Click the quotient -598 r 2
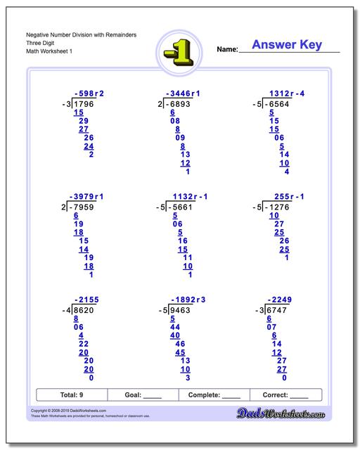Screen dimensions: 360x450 pyautogui.click(x=89, y=94)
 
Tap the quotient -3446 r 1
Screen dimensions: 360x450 pyautogui.click(x=183, y=94)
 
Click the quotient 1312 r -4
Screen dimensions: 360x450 pyautogui.click(x=287, y=94)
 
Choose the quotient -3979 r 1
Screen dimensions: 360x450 pyautogui.click(x=86, y=196)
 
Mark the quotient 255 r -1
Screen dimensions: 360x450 pyautogui.click(x=289, y=196)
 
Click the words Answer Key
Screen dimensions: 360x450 pyautogui.click(x=287, y=46)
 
